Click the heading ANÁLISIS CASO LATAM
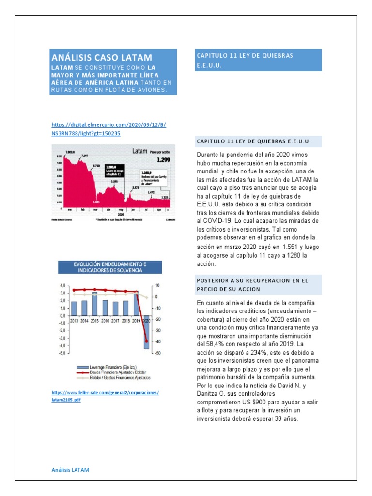click(x=102, y=57)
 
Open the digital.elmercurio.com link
click(x=108, y=129)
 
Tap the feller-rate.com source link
click(x=105, y=396)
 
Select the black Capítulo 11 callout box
click(x=115, y=170)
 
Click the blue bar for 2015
click(x=95, y=303)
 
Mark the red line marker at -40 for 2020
click(x=146, y=341)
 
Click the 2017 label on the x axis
click(x=115, y=321)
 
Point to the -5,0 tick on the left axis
click(x=62, y=353)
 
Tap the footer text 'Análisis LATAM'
click(x=70, y=470)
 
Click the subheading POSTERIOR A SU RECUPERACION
click(x=252, y=285)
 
